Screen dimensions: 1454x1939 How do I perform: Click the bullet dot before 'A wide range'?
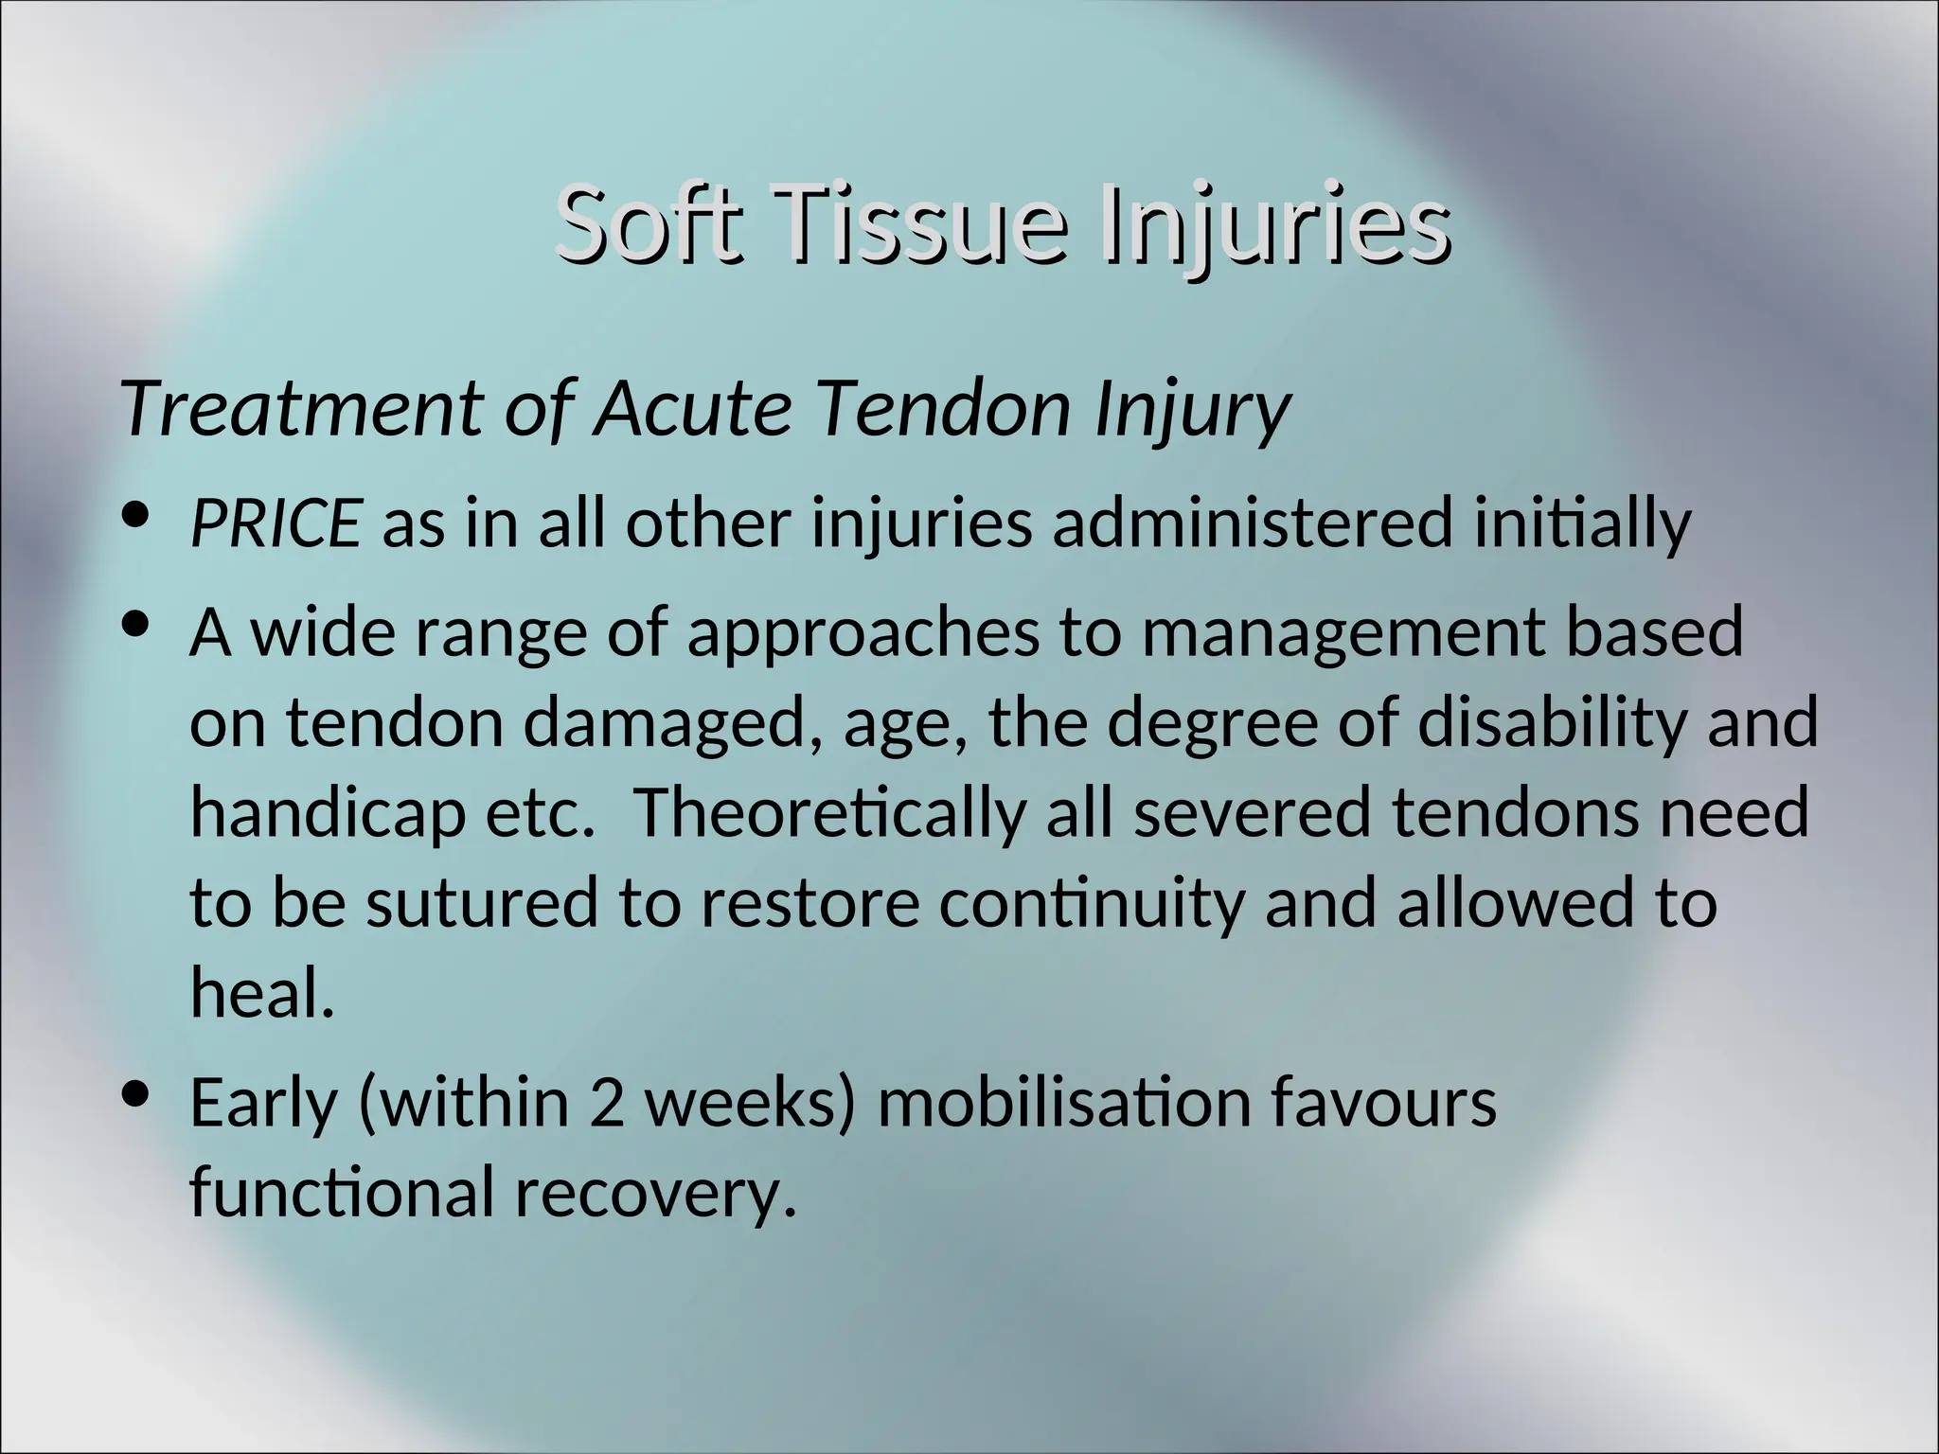tap(138, 625)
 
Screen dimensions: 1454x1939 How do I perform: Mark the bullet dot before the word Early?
tap(138, 1093)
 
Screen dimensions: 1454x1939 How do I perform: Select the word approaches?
tap(863, 633)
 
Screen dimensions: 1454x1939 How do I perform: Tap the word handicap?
tap(328, 812)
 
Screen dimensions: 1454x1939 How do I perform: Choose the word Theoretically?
tap(829, 812)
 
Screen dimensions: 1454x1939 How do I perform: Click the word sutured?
tap(482, 902)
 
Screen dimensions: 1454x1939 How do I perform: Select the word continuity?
tap(1090, 902)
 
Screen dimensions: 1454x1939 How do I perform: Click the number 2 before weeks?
tap(606, 1102)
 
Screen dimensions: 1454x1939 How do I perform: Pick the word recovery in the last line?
tap(653, 1192)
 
